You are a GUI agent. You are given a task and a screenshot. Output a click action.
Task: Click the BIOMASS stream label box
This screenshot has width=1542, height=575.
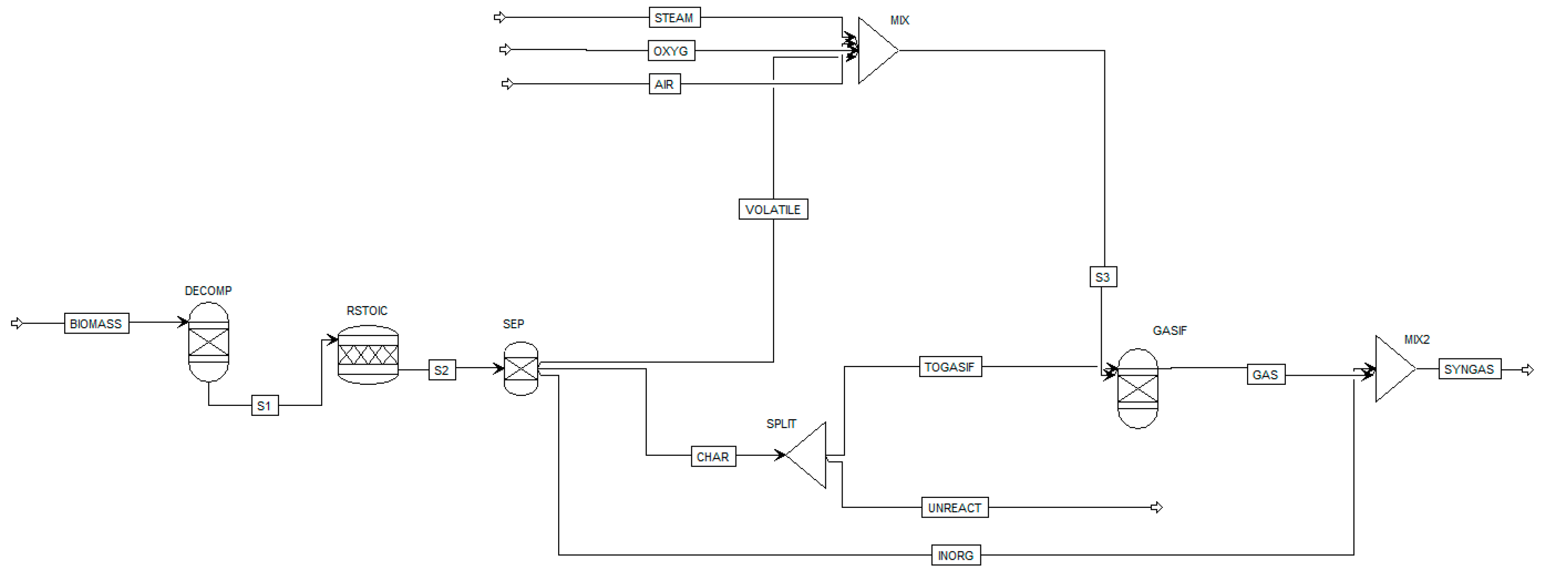(96, 323)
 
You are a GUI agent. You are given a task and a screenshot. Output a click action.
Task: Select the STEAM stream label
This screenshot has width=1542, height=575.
(674, 17)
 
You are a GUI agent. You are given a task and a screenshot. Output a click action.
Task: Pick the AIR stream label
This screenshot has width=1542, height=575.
(664, 84)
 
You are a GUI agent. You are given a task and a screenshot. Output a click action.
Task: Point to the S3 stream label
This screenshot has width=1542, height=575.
(1103, 277)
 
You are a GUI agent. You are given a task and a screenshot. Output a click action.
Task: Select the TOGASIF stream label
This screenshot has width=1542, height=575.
(950, 367)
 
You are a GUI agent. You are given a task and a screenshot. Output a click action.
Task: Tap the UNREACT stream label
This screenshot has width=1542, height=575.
(954, 508)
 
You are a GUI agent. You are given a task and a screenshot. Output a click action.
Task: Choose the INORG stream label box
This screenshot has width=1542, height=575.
(956, 556)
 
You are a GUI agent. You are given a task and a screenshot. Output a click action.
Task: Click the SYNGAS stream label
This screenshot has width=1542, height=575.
(1469, 369)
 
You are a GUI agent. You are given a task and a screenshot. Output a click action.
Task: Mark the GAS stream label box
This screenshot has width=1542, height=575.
(1265, 375)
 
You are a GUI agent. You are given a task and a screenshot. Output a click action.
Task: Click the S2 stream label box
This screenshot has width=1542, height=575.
(442, 370)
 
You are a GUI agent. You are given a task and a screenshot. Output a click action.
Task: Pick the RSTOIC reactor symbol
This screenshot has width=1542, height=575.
(368, 355)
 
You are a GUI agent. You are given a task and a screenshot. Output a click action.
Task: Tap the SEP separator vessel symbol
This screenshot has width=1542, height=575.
(521, 368)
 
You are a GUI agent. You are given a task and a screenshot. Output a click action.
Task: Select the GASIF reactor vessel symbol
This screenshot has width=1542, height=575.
(1137, 389)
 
